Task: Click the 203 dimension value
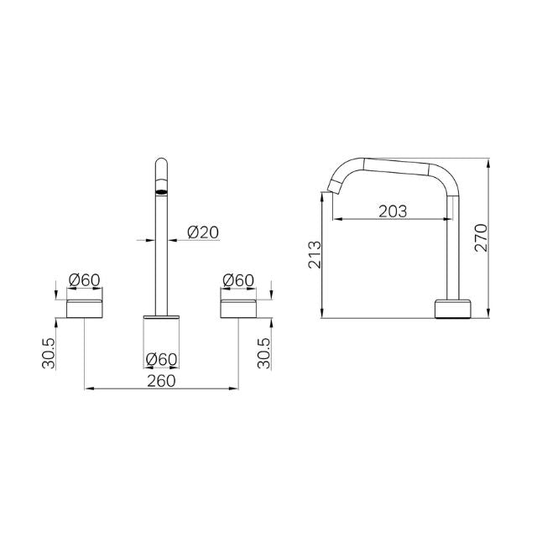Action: pyautogui.click(x=391, y=211)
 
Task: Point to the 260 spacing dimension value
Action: pyautogui.click(x=160, y=380)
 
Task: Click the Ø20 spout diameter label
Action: pyautogui.click(x=203, y=232)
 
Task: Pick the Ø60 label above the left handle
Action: pyautogui.click(x=85, y=280)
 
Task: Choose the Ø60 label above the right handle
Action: pyautogui.click(x=239, y=280)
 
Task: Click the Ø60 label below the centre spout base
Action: pyautogui.click(x=161, y=359)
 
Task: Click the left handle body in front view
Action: pyautogui.click(x=86, y=307)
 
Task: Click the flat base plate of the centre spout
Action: pyautogui.click(x=161, y=316)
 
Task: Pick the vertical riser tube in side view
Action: pyautogui.click(x=455, y=243)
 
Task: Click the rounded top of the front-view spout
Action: pyautogui.click(x=161, y=163)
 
